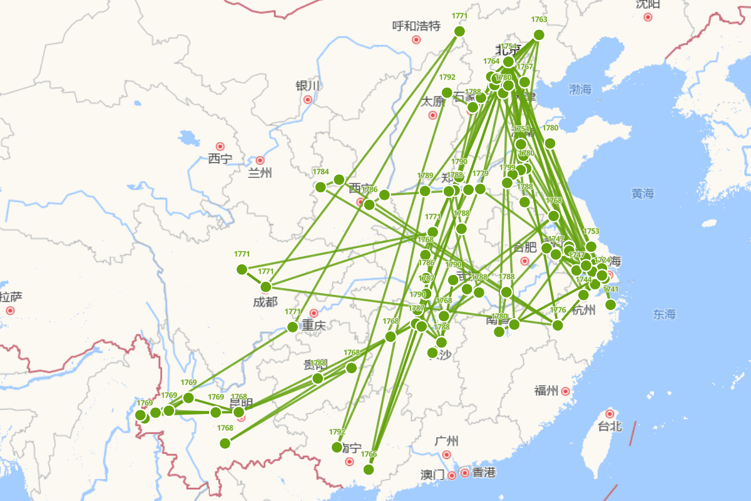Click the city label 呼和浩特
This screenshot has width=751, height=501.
click(416, 26)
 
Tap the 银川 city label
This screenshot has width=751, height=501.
click(308, 86)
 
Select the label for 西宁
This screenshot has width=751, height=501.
click(220, 159)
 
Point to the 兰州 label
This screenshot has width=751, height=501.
click(260, 173)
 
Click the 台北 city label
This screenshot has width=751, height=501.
click(610, 426)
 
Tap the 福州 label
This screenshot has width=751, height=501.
click(546, 391)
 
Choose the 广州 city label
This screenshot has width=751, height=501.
click(446, 441)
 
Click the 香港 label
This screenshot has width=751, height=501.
click(484, 473)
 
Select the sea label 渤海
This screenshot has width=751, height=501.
click(580, 90)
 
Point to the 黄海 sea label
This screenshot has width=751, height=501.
click(643, 194)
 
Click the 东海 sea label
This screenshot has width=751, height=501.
click(664, 314)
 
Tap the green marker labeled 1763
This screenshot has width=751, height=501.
click(539, 35)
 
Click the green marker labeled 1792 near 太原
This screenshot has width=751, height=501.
click(447, 93)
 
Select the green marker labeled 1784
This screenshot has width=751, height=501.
click(320, 187)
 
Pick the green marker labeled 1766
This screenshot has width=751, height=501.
click(369, 469)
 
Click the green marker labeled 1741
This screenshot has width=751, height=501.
click(611, 304)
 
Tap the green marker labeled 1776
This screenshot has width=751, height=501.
click(558, 325)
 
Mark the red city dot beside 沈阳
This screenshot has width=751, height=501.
click(648, 17)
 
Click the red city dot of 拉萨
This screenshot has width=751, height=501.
click(10, 310)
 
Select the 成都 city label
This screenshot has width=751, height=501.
click(265, 302)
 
